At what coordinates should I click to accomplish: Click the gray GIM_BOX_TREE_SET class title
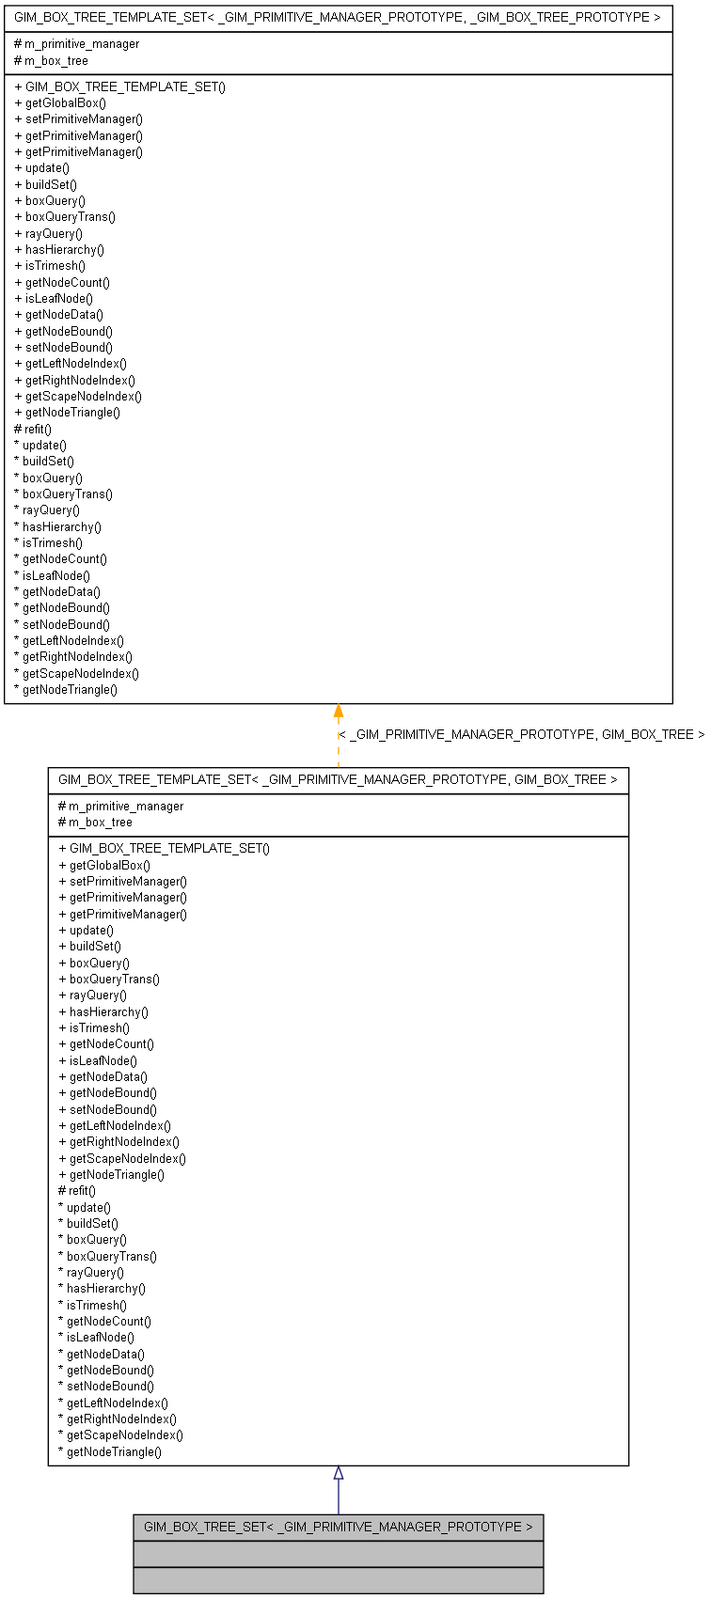[338, 1528]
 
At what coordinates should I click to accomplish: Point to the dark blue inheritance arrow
[339, 1490]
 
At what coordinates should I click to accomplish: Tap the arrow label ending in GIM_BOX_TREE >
[521, 735]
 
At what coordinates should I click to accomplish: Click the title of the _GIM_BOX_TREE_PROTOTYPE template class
[338, 17]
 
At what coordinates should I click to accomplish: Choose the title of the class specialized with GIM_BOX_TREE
[338, 779]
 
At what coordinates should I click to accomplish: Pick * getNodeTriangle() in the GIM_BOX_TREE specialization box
[110, 1452]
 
